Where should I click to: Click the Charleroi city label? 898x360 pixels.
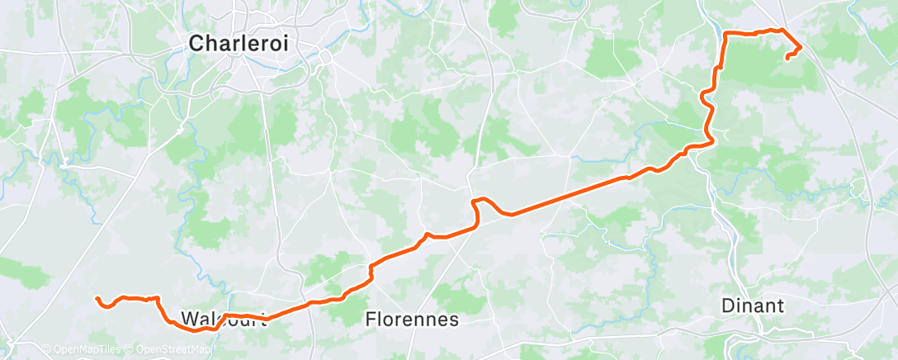click(x=239, y=45)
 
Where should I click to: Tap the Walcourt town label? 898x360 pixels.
click(x=224, y=319)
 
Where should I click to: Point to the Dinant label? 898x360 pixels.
click(x=752, y=305)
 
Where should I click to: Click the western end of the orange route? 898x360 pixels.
click(x=97, y=298)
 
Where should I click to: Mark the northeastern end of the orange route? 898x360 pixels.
click(x=787, y=58)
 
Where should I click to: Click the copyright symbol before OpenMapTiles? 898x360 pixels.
click(x=46, y=349)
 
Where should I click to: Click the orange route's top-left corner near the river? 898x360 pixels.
click(x=725, y=35)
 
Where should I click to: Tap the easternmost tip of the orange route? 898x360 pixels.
click(x=801, y=45)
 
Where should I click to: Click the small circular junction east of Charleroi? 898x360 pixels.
click(x=326, y=58)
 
